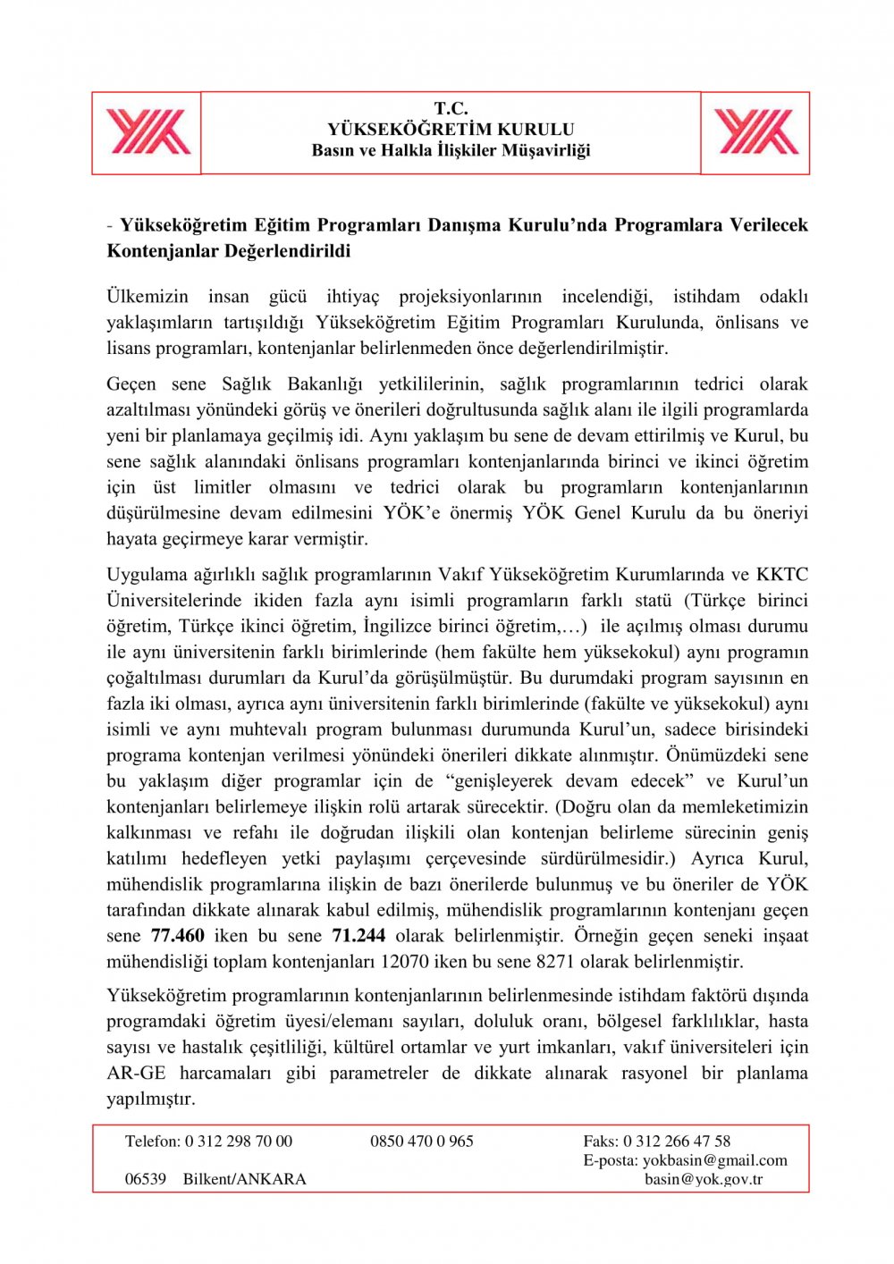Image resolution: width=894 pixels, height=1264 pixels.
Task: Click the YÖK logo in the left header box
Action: pyautogui.click(x=148, y=132)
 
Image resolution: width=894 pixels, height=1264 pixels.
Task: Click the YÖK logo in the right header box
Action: pyautogui.click(x=755, y=132)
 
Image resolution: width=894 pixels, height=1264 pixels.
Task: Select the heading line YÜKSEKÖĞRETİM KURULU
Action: pyautogui.click(x=451, y=130)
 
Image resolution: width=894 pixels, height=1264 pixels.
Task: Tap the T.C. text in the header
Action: pyautogui.click(x=451, y=109)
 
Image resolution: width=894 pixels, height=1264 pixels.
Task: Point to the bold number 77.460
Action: pyautogui.click(x=178, y=936)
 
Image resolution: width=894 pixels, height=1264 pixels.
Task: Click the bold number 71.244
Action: pyautogui.click(x=358, y=936)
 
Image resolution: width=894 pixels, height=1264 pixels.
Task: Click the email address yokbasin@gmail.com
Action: pyautogui.click(x=714, y=1160)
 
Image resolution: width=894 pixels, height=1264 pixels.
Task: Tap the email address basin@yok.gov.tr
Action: pyautogui.click(x=704, y=1179)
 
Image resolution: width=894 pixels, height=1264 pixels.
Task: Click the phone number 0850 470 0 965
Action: pyautogui.click(x=422, y=1142)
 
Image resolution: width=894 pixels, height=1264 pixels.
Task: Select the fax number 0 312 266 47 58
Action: pyautogui.click(x=677, y=1142)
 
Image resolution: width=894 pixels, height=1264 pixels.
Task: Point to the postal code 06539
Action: pyautogui.click(x=146, y=1179)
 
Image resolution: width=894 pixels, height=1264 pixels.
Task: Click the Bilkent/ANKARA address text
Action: pyautogui.click(x=244, y=1179)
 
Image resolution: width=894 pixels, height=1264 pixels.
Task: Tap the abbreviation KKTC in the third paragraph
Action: pyautogui.click(x=781, y=575)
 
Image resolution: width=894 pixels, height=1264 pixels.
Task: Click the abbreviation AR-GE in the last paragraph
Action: pyautogui.click(x=136, y=1073)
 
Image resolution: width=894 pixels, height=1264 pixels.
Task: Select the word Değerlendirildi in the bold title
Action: pyautogui.click(x=287, y=251)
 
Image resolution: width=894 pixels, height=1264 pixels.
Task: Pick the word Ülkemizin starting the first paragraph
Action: pyautogui.click(x=148, y=297)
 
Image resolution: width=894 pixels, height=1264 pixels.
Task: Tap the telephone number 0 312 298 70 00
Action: pyautogui.click(x=239, y=1142)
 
